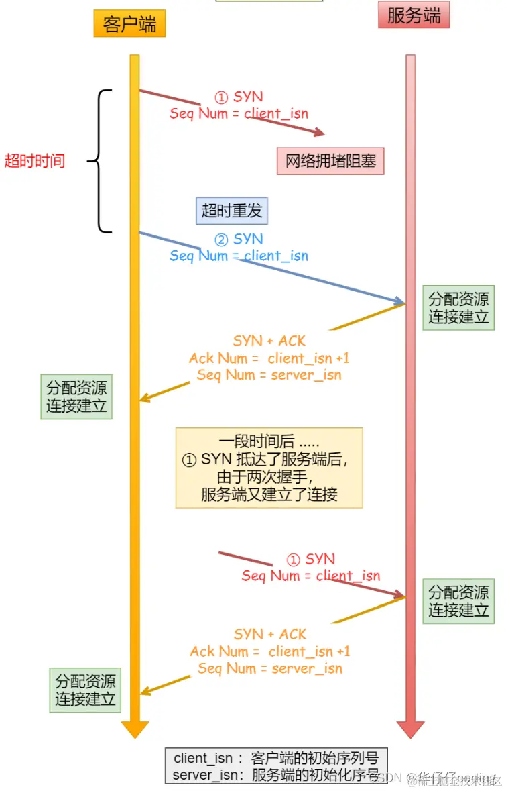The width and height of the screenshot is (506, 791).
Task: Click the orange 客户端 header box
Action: [129, 24]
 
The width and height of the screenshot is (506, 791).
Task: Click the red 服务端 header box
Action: [414, 15]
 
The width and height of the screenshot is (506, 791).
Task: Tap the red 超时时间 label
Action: [35, 161]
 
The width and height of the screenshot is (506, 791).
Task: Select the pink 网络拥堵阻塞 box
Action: [330, 161]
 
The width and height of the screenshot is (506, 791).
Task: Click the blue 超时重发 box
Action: [231, 211]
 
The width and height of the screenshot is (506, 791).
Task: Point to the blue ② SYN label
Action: [239, 239]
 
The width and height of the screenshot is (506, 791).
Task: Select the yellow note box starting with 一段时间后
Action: [269, 468]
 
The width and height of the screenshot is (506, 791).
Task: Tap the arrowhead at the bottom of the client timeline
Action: [135, 729]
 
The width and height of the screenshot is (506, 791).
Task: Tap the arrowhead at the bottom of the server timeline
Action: [410, 729]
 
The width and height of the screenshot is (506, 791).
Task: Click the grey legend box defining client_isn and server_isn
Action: [276, 766]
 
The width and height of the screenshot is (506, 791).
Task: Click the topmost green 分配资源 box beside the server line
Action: [458, 308]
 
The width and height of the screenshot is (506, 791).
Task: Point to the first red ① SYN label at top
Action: [239, 97]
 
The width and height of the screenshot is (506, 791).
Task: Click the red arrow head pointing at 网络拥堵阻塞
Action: [319, 133]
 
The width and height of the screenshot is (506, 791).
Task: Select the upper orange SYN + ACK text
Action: [269, 341]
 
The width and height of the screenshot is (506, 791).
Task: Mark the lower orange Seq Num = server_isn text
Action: [269, 668]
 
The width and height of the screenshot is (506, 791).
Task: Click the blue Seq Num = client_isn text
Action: [239, 256]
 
